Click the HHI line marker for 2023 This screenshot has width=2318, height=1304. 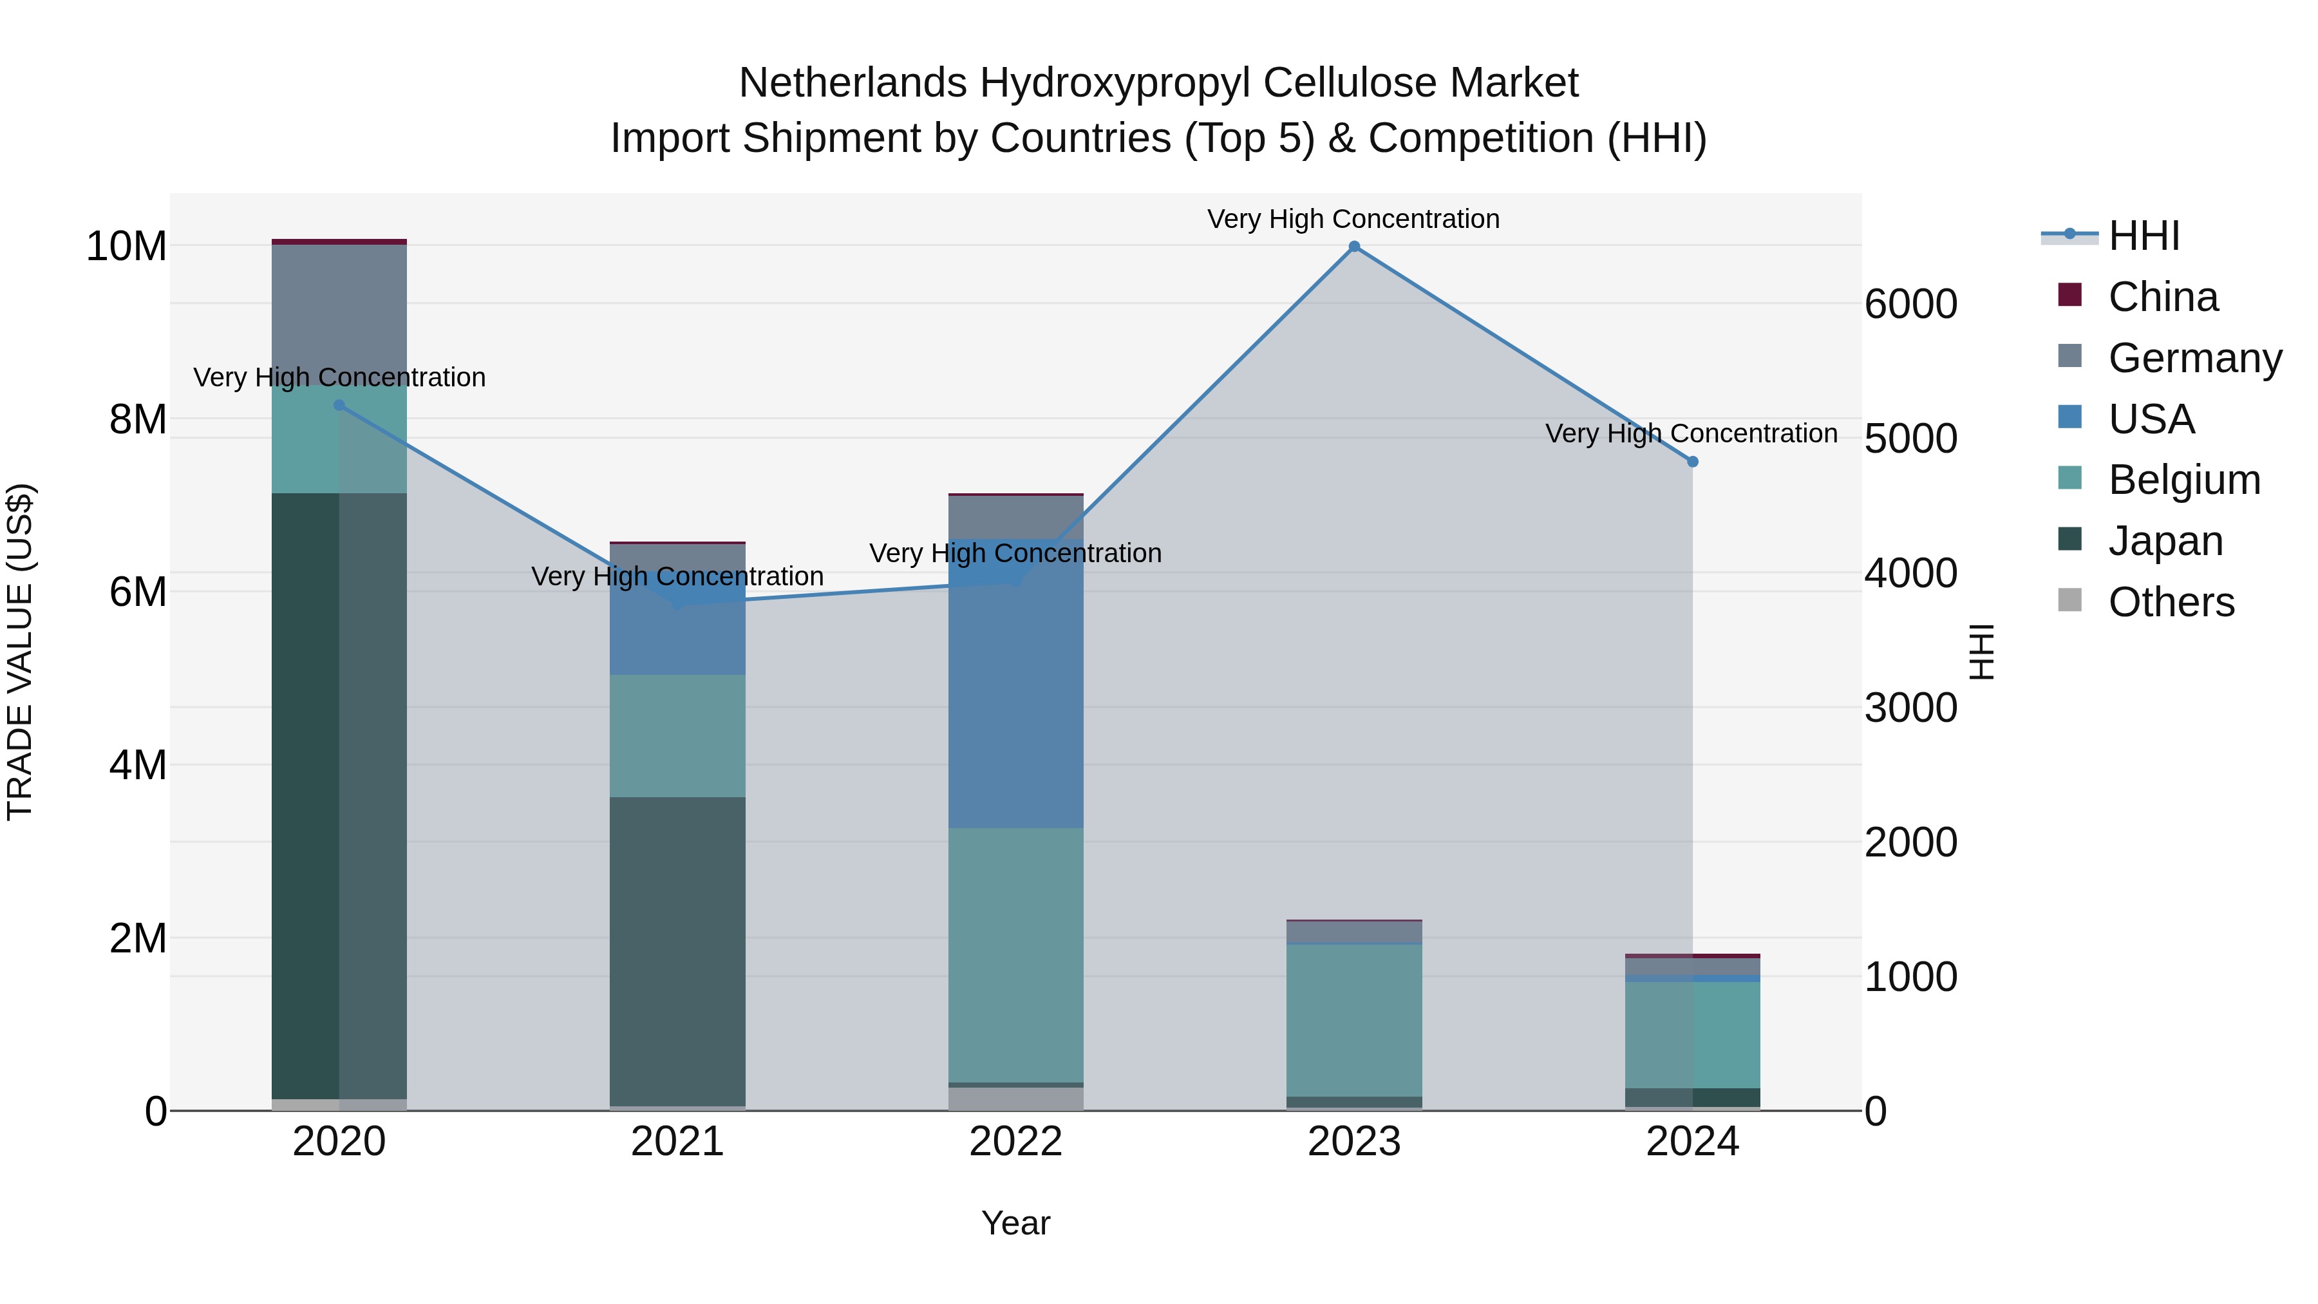click(x=1353, y=247)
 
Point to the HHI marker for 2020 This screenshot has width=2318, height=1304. click(x=339, y=406)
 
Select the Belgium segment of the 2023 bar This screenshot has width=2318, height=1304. click(x=1353, y=1019)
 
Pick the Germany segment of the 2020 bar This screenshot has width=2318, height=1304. click(x=339, y=310)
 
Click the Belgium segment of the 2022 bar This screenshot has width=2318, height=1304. click(x=1016, y=954)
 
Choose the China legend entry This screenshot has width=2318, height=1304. click(x=2162, y=297)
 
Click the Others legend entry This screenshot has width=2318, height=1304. click(x=2171, y=602)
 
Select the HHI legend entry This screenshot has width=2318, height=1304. click(x=2144, y=236)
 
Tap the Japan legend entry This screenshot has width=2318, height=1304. click(x=2165, y=541)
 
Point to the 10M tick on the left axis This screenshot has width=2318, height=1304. click(x=126, y=247)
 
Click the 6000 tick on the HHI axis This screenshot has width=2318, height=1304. click(x=1910, y=304)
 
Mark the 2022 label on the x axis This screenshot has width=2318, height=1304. click(x=1016, y=1142)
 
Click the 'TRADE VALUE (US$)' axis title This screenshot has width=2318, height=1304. click(x=21, y=652)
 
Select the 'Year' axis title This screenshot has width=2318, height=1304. click(x=1016, y=1223)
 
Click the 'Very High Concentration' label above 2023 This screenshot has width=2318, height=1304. click(x=1353, y=219)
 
